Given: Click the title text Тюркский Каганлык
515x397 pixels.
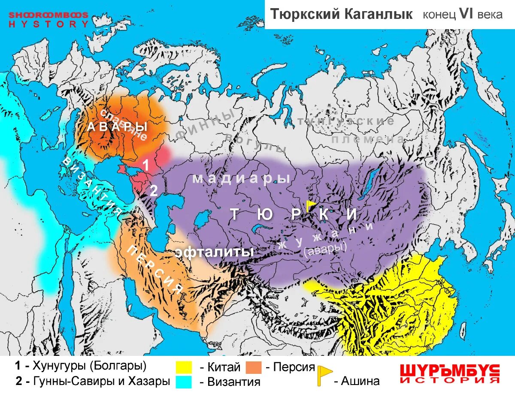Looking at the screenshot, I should pos(341,14).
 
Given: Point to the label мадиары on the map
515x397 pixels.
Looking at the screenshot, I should pos(241,178).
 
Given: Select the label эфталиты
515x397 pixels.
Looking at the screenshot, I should pos(214,252).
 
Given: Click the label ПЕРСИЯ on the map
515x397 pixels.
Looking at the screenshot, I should pos(155,269).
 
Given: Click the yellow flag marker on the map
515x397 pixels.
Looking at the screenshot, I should pos(310,205).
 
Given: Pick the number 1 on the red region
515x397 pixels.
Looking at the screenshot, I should pos(146,165).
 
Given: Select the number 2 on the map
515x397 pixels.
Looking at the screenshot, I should pos(153,191).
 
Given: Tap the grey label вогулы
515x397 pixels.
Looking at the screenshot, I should pos(255,142).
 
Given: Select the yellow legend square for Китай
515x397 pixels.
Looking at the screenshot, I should pos(184,367).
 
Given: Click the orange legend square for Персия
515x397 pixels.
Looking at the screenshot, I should pos(254,367).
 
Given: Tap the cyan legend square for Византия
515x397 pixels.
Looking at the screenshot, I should pos(184,382).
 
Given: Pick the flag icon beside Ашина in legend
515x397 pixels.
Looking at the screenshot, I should pos(324,375).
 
